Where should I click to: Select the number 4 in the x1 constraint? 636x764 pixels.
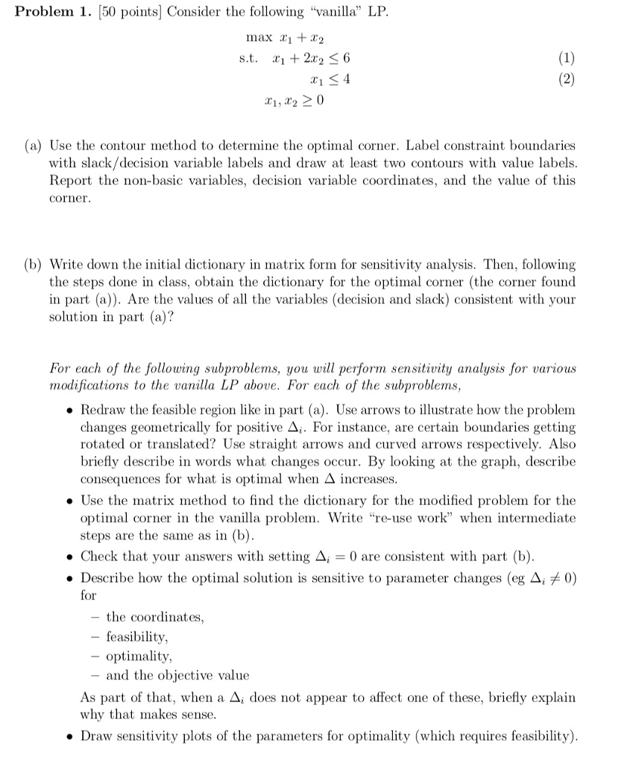point(346,79)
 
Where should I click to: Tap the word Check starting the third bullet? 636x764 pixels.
point(99,557)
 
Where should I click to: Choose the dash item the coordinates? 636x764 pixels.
point(154,617)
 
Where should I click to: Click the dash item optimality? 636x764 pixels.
point(139,657)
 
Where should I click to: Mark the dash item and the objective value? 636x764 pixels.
point(177,675)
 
